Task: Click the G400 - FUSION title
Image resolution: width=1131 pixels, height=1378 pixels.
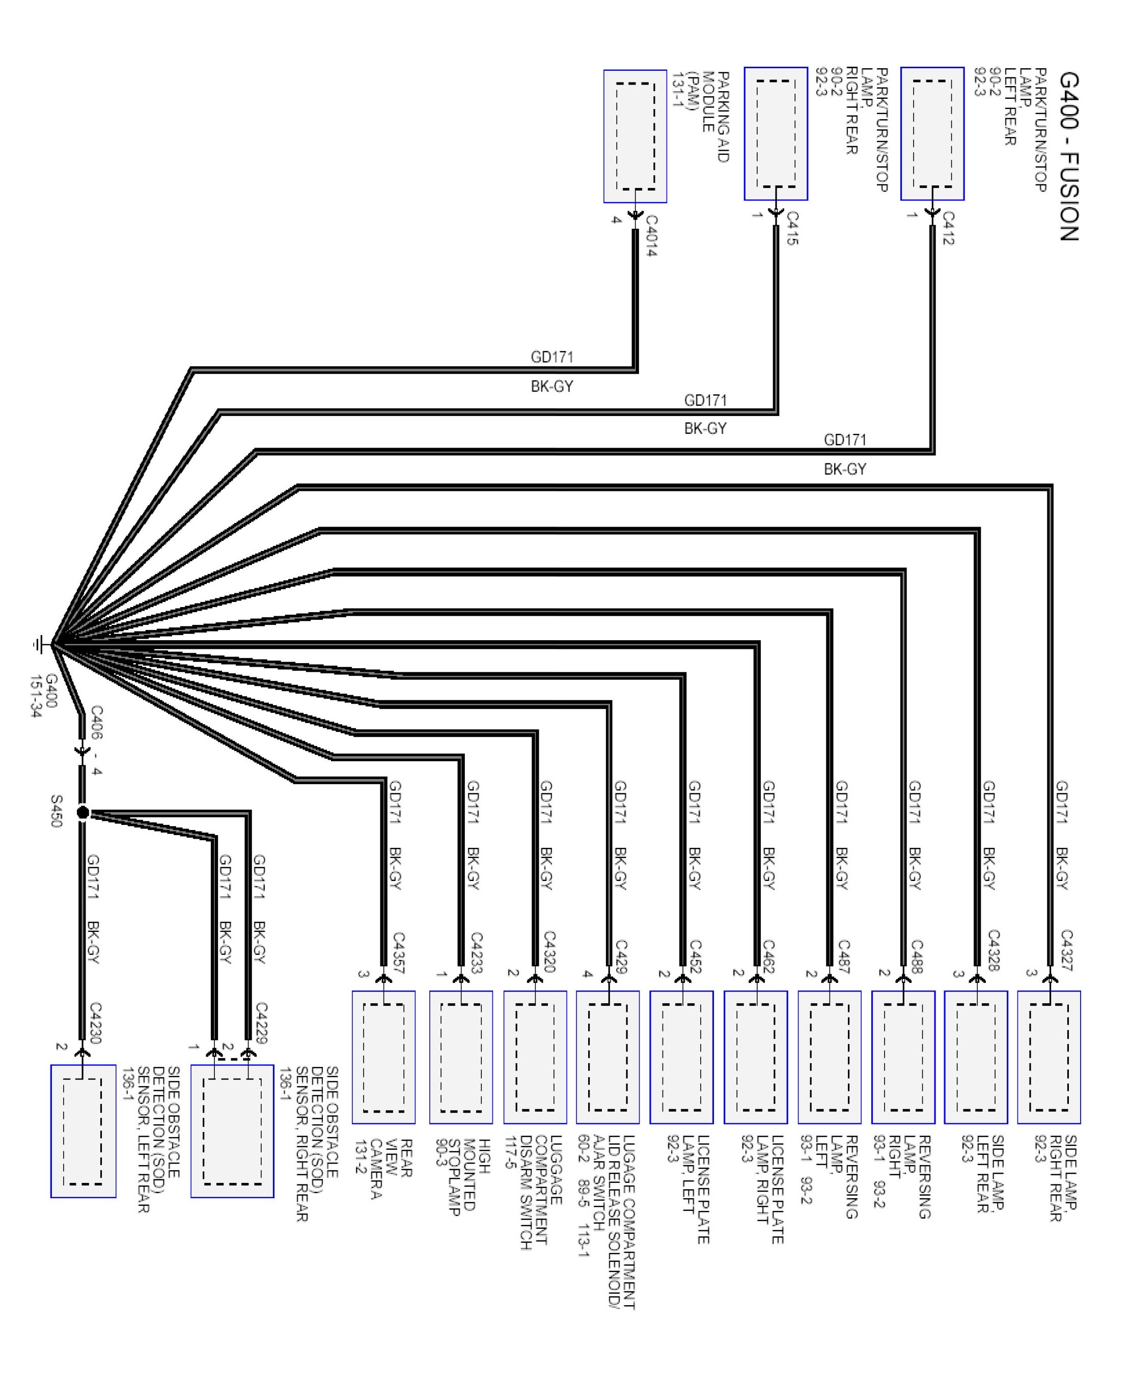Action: (x=1069, y=157)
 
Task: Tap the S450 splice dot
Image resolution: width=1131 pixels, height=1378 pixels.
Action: (x=82, y=812)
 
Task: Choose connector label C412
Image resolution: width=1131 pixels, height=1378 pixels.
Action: (x=948, y=228)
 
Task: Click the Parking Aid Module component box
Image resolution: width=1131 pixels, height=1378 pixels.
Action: (x=635, y=136)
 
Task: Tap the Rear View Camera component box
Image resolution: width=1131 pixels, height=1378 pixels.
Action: (x=384, y=1057)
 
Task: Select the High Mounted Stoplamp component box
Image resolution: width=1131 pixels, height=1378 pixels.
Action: (x=461, y=1057)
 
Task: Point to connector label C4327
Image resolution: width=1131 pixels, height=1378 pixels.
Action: (x=1066, y=950)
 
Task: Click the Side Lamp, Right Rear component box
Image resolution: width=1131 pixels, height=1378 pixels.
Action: (x=1049, y=1057)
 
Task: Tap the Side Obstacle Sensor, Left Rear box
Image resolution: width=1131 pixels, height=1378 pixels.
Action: (x=84, y=1131)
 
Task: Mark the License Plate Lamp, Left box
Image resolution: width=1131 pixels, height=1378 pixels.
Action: (x=681, y=1057)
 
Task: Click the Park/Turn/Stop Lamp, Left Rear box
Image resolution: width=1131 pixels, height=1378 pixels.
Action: (x=932, y=133)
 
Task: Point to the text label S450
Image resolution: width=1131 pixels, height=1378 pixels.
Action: (x=57, y=811)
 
